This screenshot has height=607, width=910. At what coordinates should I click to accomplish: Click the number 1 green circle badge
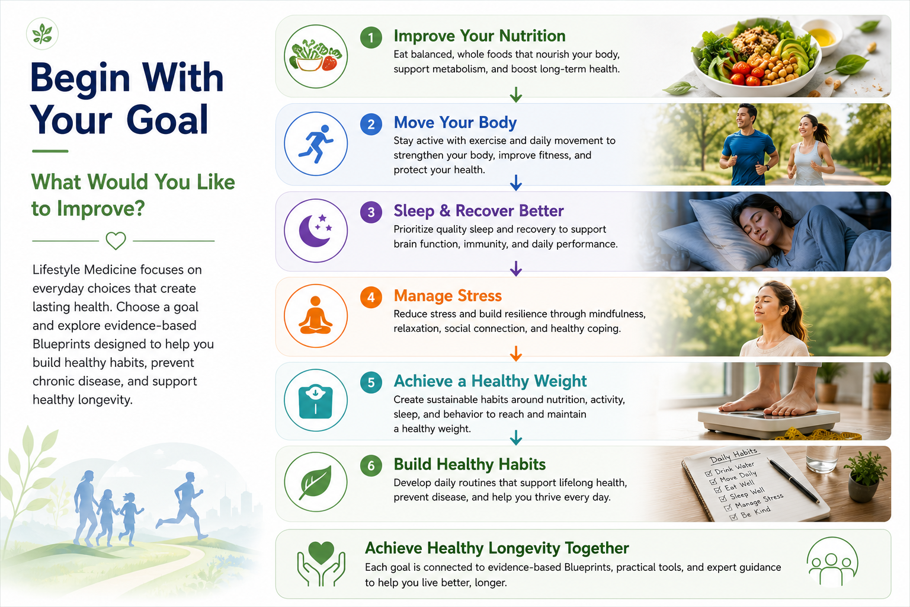[x=371, y=38]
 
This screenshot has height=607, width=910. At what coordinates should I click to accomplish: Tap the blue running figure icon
[x=316, y=143]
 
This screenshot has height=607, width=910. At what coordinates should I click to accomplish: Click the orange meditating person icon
[x=316, y=315]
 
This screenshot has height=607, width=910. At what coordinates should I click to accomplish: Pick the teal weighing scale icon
[x=316, y=402]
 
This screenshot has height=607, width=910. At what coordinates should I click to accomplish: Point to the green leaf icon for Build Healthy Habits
[x=316, y=482]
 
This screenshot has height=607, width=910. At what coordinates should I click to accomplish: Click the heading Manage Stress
[x=448, y=296]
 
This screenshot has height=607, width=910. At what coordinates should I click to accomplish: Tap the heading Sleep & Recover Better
[x=479, y=210]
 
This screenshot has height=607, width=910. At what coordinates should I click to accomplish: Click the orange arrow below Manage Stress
[x=516, y=353]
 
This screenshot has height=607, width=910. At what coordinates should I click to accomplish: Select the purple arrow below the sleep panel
[x=516, y=269]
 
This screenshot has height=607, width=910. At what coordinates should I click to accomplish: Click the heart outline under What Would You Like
[x=116, y=241]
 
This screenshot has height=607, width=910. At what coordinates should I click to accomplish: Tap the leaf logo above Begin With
[x=42, y=34]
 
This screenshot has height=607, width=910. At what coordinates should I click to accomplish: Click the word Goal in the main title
[x=168, y=120]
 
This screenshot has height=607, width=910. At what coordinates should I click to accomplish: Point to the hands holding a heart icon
[x=321, y=564]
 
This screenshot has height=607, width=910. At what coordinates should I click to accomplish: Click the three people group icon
[x=832, y=562]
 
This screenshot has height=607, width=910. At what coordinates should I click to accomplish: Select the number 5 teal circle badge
[x=371, y=382]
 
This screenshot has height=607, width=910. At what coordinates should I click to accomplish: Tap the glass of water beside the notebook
[x=823, y=459]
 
